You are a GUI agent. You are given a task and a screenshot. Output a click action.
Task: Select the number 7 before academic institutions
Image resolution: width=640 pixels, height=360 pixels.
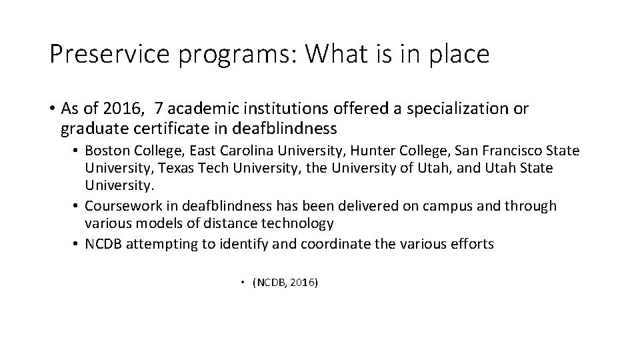tap(158, 108)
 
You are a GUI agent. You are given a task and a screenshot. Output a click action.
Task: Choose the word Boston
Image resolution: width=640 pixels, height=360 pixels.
tap(106, 151)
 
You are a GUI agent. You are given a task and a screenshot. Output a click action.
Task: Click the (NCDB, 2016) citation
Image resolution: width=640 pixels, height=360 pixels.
tap(285, 283)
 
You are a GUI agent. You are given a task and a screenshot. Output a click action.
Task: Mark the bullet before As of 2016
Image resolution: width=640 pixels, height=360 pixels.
tap(52, 109)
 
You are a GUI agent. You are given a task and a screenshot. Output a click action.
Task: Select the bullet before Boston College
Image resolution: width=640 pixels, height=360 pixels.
tap(77, 151)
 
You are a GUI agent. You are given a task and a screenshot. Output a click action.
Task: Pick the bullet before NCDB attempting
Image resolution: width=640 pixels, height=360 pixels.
tap(77, 244)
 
